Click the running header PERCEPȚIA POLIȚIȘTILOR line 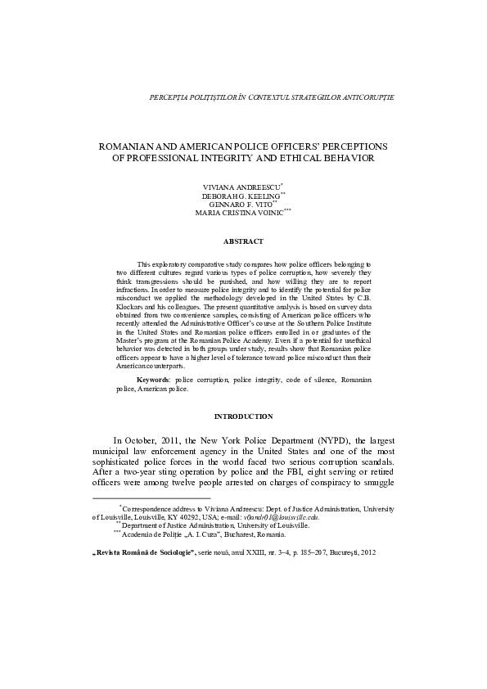click(273, 97)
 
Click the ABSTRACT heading click(243, 242)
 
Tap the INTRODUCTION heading click(243, 417)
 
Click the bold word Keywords click(152, 381)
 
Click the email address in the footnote click(286, 517)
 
